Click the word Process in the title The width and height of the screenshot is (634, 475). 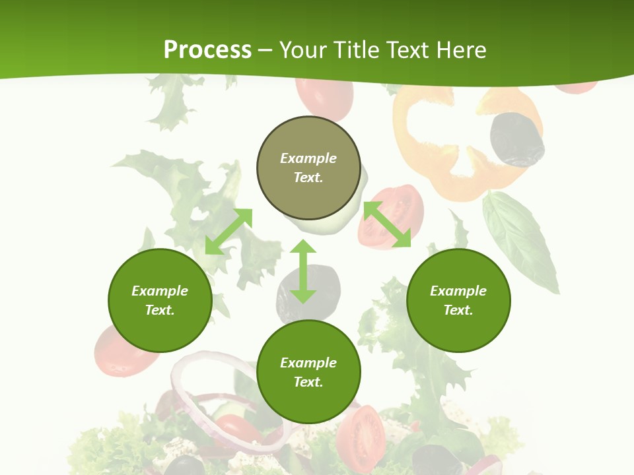[207, 49]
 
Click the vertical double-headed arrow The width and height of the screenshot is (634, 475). [303, 271]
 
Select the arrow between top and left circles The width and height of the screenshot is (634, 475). [229, 231]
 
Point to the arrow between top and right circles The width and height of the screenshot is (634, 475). [387, 224]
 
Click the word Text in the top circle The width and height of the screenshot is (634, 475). [308, 177]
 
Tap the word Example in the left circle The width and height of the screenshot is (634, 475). [160, 291]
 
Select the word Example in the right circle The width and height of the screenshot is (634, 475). [458, 291]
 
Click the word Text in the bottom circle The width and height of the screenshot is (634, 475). [308, 382]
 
